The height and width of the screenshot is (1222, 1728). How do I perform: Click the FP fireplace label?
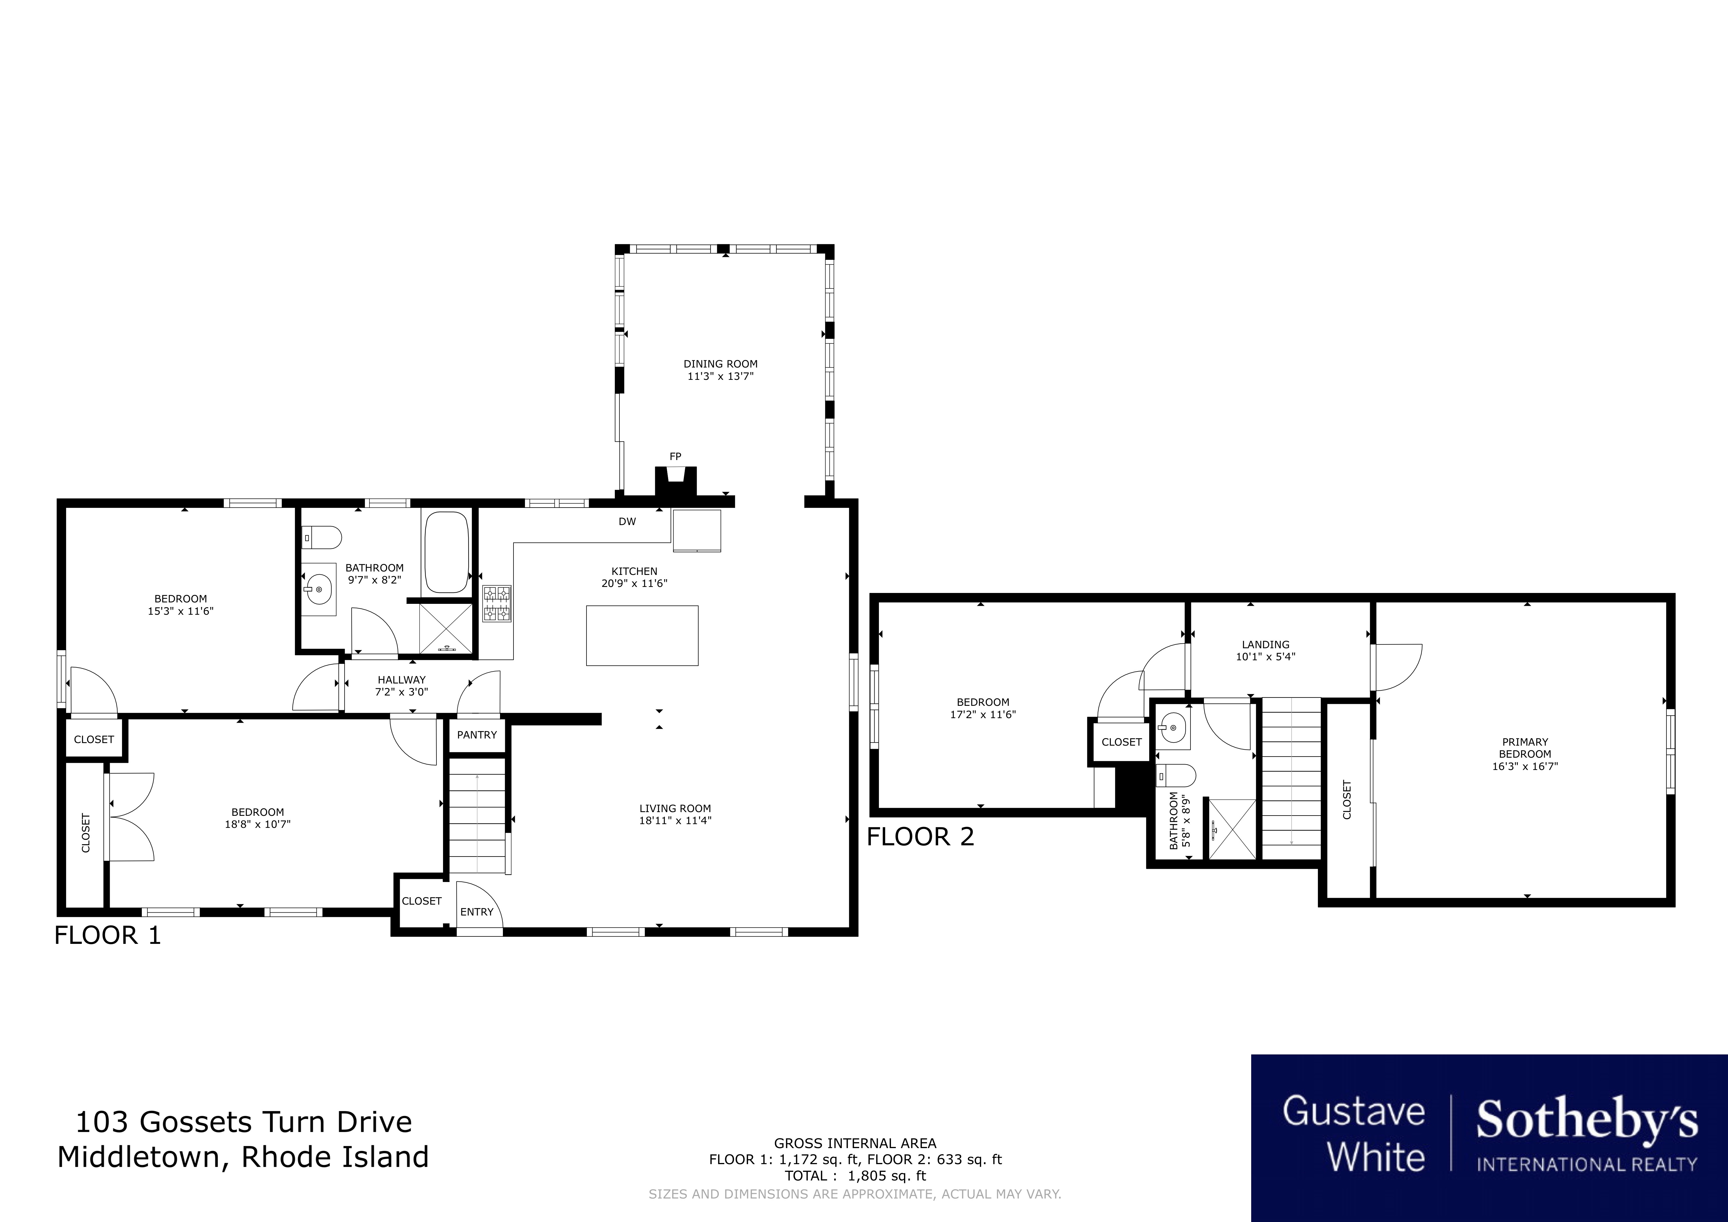[675, 456]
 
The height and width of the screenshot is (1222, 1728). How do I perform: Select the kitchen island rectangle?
[642, 635]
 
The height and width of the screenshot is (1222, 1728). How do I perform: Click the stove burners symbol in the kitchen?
[497, 604]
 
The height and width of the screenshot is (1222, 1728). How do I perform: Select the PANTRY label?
[477, 735]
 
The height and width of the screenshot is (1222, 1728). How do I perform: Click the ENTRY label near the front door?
[477, 912]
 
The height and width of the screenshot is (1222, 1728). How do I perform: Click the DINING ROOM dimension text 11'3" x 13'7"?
[720, 376]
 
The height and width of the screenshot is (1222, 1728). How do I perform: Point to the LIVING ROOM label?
[675, 809]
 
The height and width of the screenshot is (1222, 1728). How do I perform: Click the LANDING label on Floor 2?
[1266, 645]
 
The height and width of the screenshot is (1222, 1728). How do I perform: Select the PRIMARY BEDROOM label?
[1525, 748]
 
